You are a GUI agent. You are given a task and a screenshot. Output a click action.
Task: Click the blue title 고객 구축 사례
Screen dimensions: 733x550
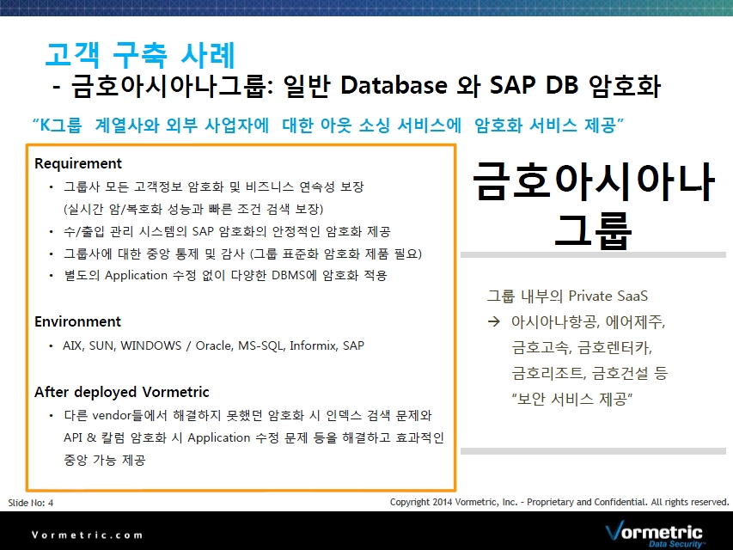[x=140, y=55]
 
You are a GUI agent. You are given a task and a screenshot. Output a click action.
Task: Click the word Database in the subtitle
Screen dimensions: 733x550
[x=394, y=85]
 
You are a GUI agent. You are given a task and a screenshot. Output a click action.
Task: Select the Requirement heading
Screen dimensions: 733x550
[x=78, y=163]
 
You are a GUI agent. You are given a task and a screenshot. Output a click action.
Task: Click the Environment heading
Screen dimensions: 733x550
[x=77, y=321]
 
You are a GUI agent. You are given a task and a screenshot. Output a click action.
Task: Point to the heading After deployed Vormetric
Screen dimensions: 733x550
[x=121, y=392]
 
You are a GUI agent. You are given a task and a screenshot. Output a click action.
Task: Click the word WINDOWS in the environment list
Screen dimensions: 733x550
[x=151, y=345]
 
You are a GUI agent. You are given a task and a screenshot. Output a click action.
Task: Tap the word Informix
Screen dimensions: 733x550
[x=313, y=345]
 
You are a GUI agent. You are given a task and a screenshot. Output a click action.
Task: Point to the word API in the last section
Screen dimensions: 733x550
[x=73, y=437]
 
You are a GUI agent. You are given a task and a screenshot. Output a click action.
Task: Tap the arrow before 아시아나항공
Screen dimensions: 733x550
[x=493, y=321]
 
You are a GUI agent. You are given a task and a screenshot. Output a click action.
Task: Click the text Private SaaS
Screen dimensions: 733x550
[x=608, y=296]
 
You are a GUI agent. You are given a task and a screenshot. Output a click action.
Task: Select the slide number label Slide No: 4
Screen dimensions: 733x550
[x=31, y=503]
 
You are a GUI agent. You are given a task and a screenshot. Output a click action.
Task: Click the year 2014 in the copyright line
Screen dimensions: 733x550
[x=443, y=502]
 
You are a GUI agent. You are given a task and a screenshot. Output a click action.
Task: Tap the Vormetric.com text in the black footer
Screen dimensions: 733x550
[x=87, y=535]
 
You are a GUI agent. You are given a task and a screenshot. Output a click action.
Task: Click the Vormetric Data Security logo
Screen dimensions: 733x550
[x=654, y=534]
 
